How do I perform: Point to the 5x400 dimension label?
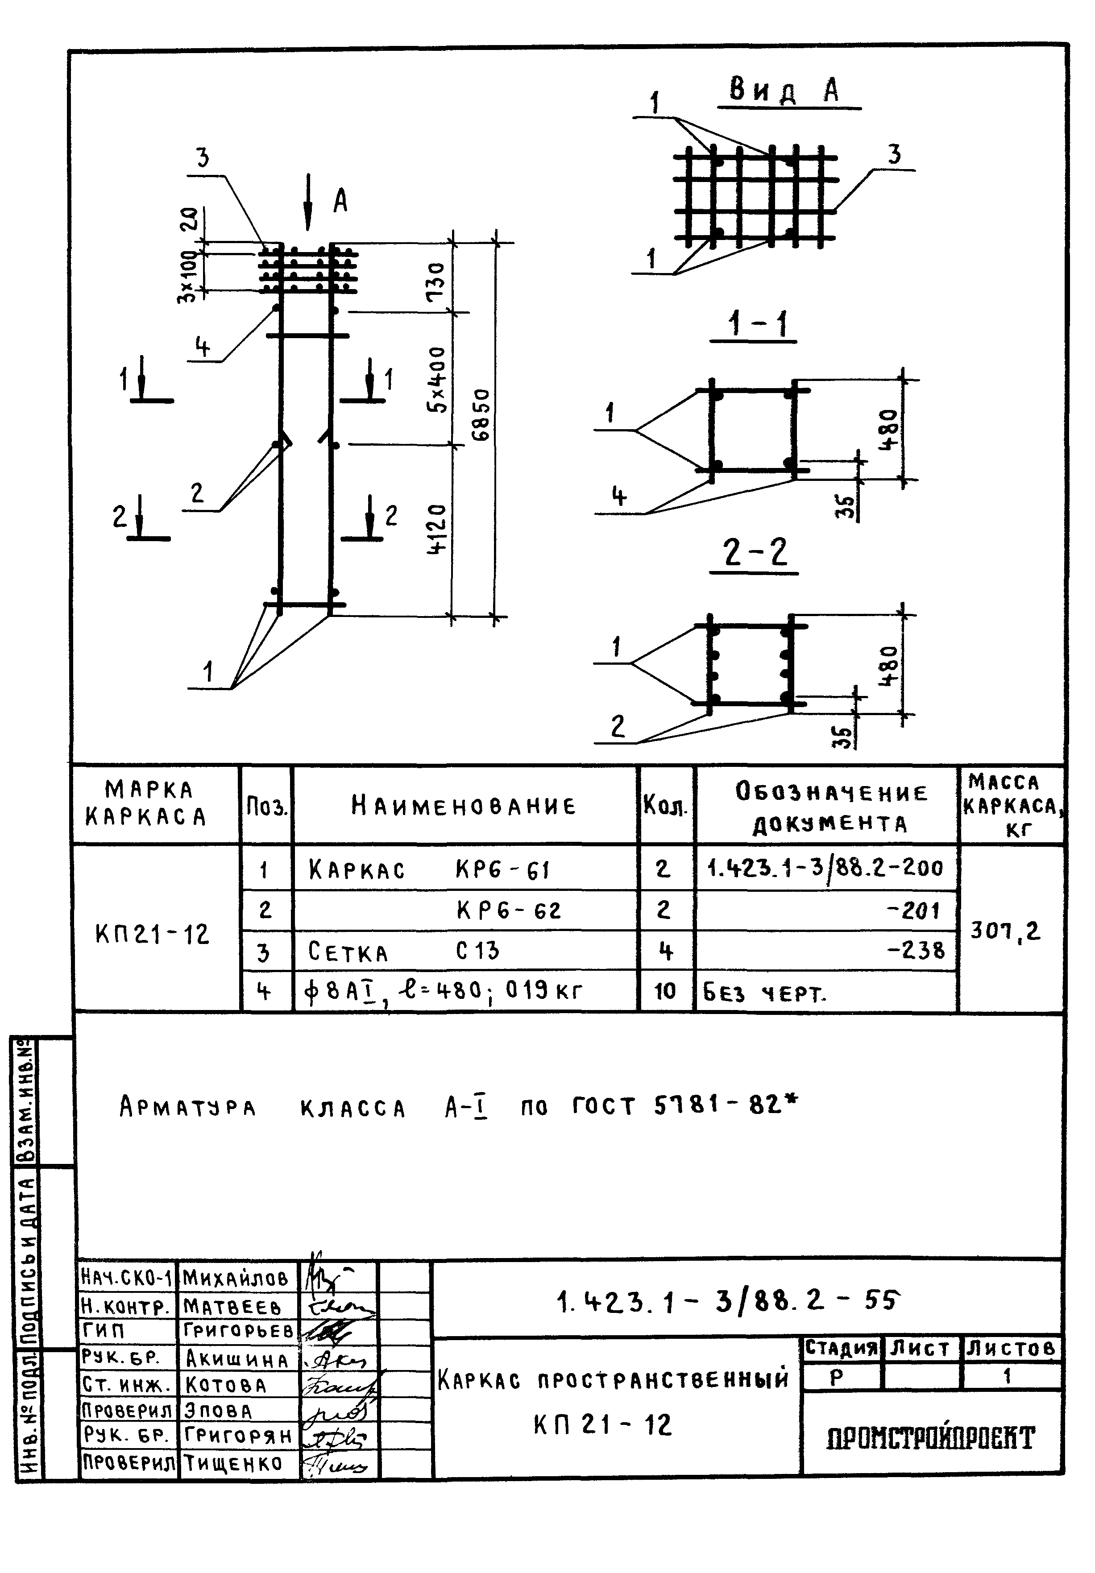pos(436,379)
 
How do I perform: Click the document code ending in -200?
pos(825,868)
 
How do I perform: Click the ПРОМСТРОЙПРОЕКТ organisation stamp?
pos(930,1438)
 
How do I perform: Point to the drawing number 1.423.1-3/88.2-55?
pos(726,1300)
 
